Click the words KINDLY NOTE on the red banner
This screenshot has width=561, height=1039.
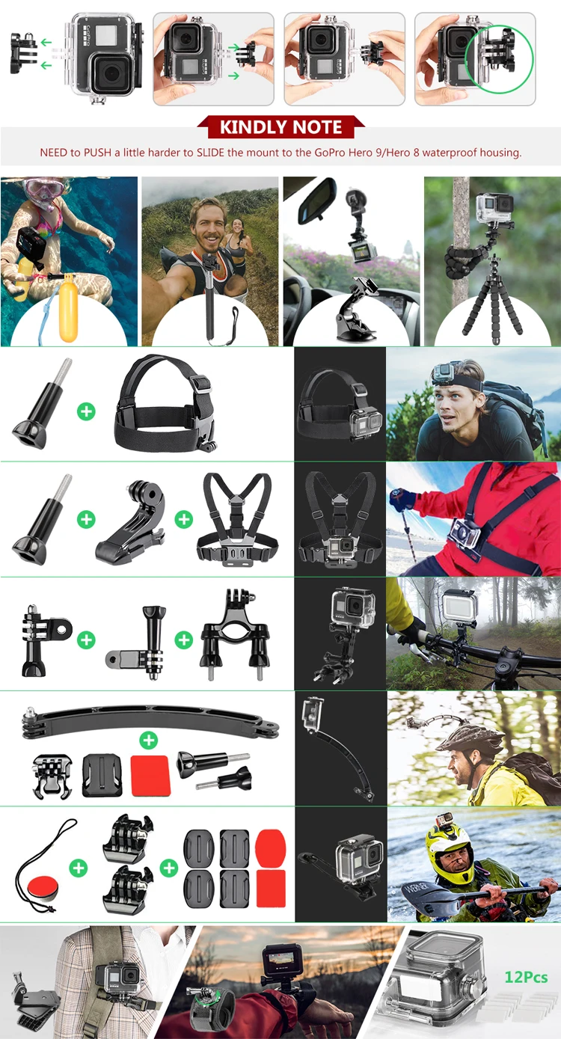point(281,127)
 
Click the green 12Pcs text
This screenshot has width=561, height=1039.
point(526,978)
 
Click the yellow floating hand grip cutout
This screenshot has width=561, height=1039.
point(68,307)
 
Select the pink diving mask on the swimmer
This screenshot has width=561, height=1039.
point(43,189)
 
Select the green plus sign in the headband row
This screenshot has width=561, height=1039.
point(86,411)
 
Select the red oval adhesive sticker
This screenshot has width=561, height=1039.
point(270,848)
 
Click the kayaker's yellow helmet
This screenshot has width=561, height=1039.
point(449,851)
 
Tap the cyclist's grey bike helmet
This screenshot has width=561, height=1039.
point(469,738)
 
